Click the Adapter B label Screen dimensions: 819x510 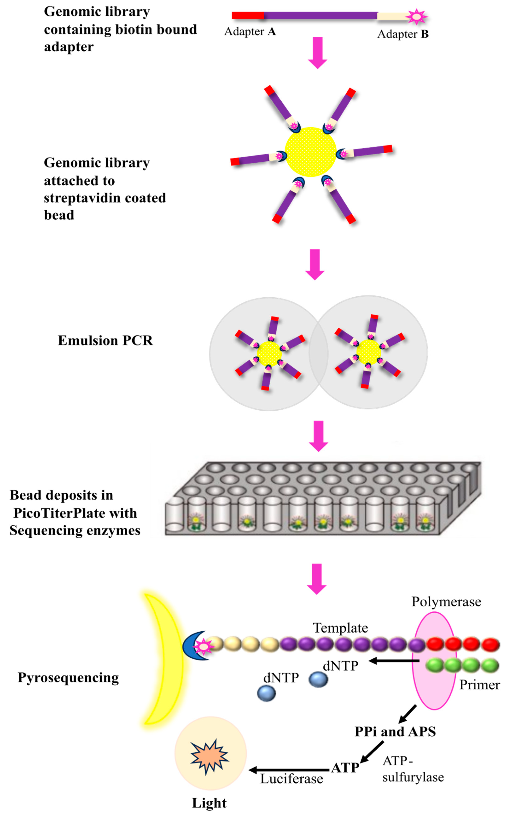pos(403,34)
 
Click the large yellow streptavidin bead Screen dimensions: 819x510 pos(311,152)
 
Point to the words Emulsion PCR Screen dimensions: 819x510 pos(105,341)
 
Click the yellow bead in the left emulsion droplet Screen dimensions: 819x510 pos(269,353)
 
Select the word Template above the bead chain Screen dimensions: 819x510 pos(340,628)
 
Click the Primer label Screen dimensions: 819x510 pos(479,685)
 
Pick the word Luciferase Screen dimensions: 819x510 pos(291,779)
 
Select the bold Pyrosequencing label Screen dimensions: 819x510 pos(69,678)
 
